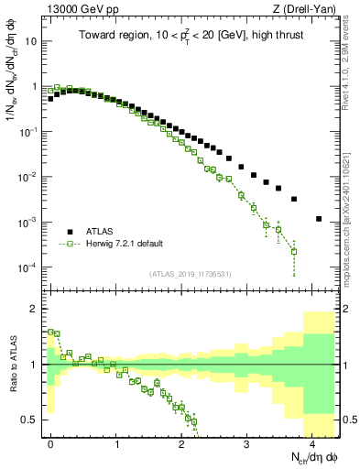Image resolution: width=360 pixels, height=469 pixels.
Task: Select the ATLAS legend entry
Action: click(x=101, y=232)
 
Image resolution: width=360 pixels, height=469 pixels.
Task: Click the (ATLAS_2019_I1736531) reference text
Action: click(x=190, y=275)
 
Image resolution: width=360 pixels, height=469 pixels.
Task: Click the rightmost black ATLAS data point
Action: click(x=318, y=219)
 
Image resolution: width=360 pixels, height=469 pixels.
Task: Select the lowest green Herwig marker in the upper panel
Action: click(x=294, y=252)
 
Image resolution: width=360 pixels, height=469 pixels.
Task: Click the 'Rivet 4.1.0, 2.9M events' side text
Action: click(x=349, y=69)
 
